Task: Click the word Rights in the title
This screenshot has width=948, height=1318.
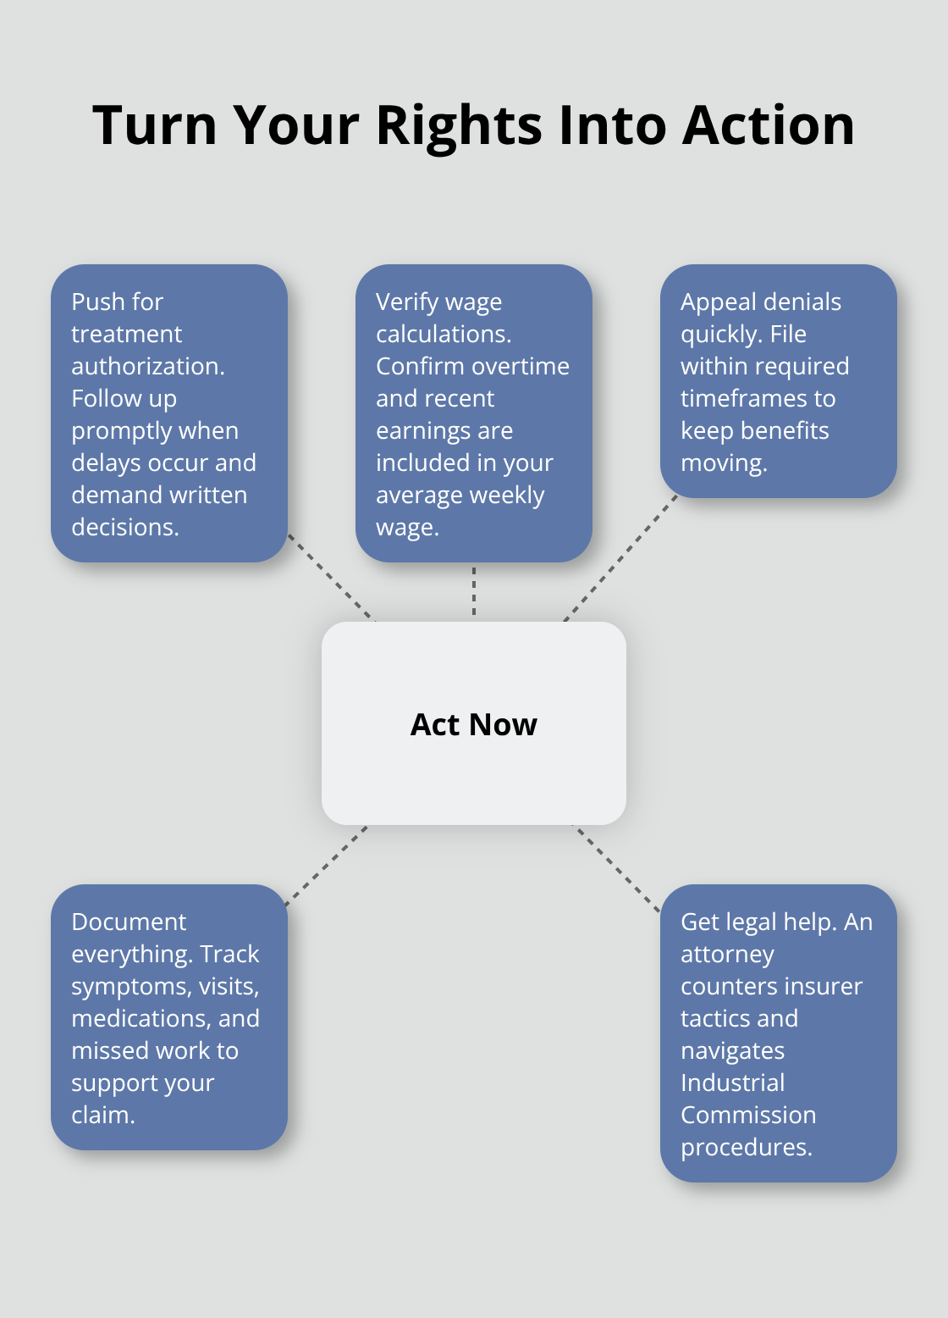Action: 459,126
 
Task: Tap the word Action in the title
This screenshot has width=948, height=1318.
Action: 768,125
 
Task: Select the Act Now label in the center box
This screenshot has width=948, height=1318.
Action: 473,724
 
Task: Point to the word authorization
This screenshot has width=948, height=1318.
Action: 147,366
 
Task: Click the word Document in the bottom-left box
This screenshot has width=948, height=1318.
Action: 129,922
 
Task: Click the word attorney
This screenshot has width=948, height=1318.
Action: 727,955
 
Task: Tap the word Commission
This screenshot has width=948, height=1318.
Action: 748,1116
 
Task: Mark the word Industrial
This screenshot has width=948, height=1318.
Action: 732,1083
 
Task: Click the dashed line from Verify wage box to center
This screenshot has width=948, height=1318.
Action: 474,591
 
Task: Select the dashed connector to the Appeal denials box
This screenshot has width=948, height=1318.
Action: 620,558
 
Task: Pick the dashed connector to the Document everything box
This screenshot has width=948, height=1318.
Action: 327,866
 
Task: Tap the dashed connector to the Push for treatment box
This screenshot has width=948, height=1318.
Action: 331,578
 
